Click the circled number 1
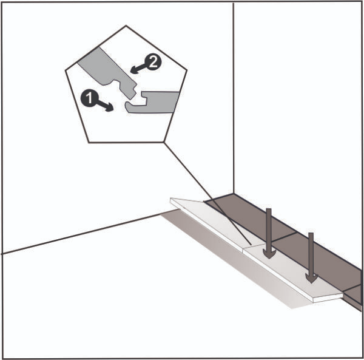point(90,98)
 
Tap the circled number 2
point(152,63)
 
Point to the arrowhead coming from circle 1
point(109,108)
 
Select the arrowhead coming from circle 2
point(134,70)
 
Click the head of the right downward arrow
point(311,278)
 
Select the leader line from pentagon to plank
point(207,193)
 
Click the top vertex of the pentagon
point(126,25)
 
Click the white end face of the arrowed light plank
point(328,298)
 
